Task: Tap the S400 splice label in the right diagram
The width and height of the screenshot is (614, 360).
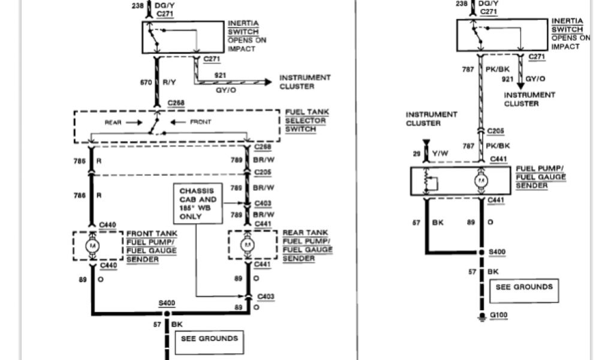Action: [x=497, y=253]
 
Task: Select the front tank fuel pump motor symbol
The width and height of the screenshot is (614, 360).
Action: [x=93, y=245]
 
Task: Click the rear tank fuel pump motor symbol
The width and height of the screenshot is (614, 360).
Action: [x=246, y=245]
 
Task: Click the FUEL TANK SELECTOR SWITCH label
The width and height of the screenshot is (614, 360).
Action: [x=306, y=121]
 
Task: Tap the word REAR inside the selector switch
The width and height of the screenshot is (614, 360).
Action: [x=114, y=122]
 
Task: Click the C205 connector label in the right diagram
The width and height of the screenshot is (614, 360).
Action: [x=496, y=131]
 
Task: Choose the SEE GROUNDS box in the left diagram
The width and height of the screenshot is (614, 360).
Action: [x=209, y=342]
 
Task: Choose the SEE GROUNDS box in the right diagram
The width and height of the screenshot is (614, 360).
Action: [x=524, y=290]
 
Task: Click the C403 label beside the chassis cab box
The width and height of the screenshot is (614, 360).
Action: [x=263, y=203]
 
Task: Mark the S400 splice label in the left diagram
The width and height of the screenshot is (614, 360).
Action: [x=167, y=304]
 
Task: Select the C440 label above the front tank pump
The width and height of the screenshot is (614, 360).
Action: [x=107, y=225]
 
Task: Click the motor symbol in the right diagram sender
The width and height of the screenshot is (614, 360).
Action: [x=481, y=180]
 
